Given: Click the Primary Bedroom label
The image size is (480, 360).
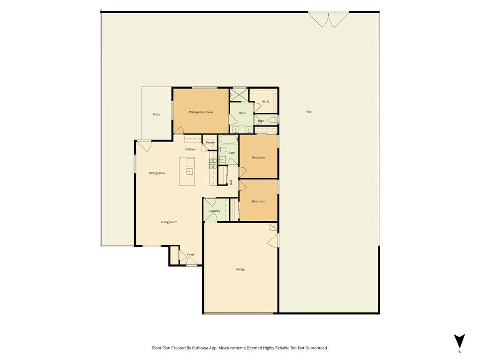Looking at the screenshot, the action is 201,112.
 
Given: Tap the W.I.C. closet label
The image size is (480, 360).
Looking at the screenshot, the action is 266,102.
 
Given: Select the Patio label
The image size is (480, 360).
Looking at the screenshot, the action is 156,114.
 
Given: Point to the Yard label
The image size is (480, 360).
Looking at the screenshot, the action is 309,112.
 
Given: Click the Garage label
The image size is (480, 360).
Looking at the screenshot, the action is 240,270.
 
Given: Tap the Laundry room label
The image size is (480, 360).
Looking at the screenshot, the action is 215,211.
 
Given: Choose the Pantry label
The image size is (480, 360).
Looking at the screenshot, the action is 210,142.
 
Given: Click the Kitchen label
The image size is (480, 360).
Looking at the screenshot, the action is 190,149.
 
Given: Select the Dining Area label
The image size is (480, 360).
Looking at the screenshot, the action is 157,173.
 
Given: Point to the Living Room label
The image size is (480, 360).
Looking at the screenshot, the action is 169,222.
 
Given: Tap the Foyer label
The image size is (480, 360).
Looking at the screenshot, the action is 191,255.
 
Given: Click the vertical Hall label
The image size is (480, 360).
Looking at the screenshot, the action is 232,182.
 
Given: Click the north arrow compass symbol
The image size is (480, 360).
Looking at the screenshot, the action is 459,341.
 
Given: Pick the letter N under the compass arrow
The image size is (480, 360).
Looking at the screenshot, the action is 459,352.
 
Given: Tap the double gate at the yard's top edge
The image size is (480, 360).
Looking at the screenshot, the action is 329,19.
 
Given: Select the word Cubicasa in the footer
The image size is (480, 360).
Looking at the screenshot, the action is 202,348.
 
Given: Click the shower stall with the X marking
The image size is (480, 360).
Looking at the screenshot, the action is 238,95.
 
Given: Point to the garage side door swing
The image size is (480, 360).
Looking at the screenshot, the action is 273,240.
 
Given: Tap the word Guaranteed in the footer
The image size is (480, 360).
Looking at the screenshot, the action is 317,348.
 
